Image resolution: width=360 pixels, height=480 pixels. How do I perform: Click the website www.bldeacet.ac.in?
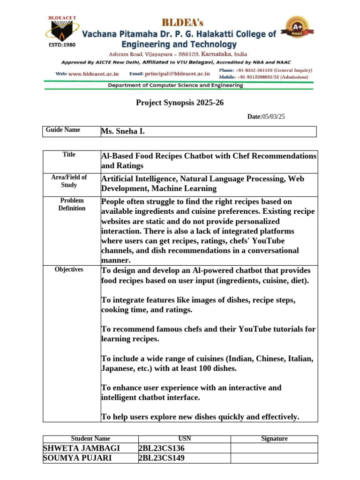coord(94,74)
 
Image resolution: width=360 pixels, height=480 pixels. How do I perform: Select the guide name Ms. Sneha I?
coord(123,132)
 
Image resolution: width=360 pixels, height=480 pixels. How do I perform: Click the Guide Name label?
coord(63,130)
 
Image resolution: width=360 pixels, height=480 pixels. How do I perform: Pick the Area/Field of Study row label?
coord(69,181)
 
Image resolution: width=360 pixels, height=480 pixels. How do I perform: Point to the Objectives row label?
coord(69,269)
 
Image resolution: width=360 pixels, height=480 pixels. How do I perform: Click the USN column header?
coord(185,439)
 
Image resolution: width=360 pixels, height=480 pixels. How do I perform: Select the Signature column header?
coord(274,439)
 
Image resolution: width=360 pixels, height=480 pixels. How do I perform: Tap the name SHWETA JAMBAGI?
coord(81,448)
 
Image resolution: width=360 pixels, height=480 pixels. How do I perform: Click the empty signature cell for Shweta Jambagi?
coord(274,448)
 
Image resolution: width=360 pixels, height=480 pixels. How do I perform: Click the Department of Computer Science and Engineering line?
coord(175,85)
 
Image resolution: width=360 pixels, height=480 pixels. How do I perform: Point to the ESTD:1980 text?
coord(62,46)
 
